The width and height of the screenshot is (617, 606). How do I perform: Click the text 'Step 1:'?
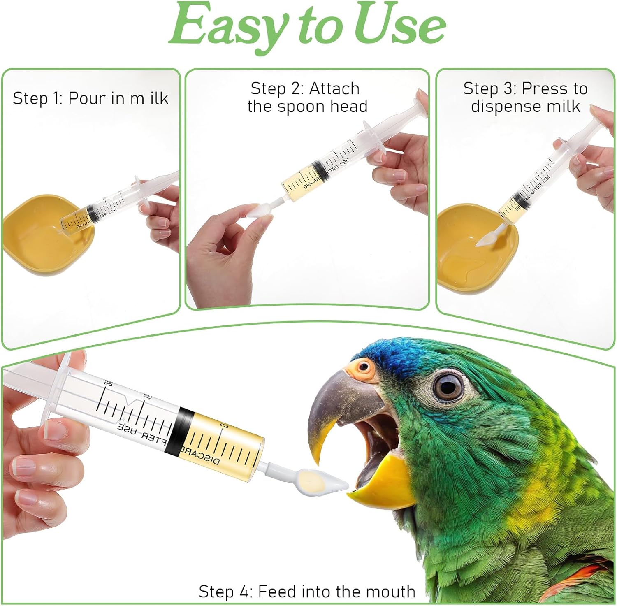click(x=38, y=98)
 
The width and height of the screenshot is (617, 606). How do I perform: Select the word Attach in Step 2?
click(x=334, y=88)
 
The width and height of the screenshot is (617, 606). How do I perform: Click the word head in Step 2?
click(x=350, y=107)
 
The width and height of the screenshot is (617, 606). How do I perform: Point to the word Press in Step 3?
click(x=543, y=89)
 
